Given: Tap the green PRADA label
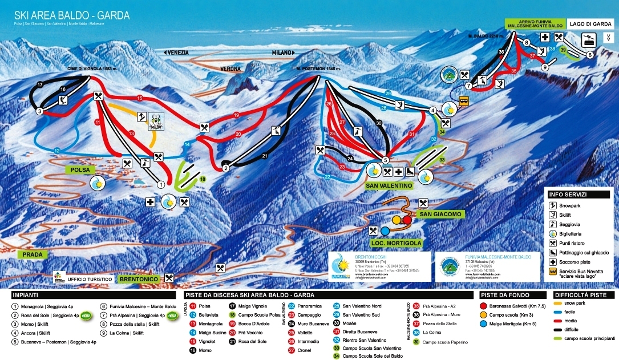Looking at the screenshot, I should click(32, 254).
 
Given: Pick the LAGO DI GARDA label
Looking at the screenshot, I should click(590, 24).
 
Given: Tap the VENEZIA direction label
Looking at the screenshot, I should click(177, 52).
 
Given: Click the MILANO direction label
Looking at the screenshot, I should click(284, 52).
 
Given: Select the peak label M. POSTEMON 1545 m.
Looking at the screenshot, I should click(318, 69).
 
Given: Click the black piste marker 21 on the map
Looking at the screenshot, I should click(264, 156).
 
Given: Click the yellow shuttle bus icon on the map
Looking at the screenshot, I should click(464, 102).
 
